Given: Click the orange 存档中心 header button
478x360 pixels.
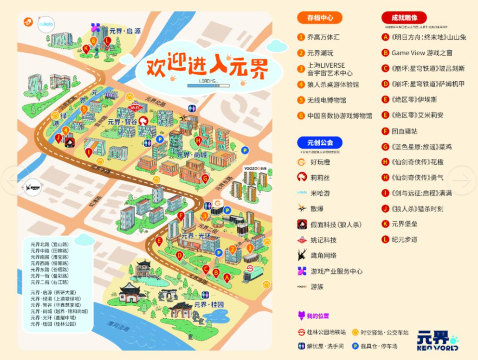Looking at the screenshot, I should coord(320,18).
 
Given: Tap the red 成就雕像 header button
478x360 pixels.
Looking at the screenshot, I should coord(404,18).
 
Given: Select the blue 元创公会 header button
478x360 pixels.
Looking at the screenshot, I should coord(320,142).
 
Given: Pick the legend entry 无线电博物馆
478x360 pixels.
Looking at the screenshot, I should coord(326,100).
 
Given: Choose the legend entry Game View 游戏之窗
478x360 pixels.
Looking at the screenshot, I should coord(422,53).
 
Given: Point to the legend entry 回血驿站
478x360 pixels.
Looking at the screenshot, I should coord(404,131).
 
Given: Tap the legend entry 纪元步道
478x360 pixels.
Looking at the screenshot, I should coord(404,240).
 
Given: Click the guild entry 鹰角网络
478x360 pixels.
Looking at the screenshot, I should coord(323,255).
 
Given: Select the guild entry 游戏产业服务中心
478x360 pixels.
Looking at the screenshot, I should coord(336,271).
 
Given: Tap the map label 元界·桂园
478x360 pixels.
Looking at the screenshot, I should coord(209,305).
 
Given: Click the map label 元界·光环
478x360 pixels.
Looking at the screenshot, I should coord(196,236).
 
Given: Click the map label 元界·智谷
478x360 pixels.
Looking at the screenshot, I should coord(122,121).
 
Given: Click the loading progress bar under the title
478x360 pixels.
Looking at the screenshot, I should coord(208,86).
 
